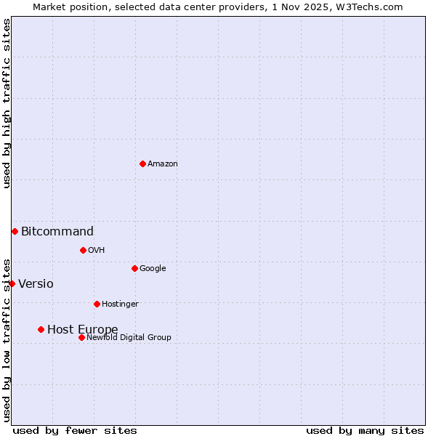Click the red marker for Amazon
point(142,163)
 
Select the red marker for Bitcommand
point(15,231)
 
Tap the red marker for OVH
point(83,250)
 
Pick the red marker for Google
point(134,268)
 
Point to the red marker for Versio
point(12,283)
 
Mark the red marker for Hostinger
point(97,304)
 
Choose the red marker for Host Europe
point(41,329)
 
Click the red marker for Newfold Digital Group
point(81,337)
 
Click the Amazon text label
point(163,164)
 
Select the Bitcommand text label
point(57,232)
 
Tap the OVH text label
point(97,251)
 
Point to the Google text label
point(153,269)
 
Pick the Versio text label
point(36,284)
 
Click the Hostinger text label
point(120,304)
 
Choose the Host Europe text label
point(82,330)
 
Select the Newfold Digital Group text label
point(129,337)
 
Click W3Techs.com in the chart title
point(370,7)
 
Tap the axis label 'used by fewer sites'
point(75,430)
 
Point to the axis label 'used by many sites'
point(365,430)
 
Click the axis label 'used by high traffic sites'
point(7,104)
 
